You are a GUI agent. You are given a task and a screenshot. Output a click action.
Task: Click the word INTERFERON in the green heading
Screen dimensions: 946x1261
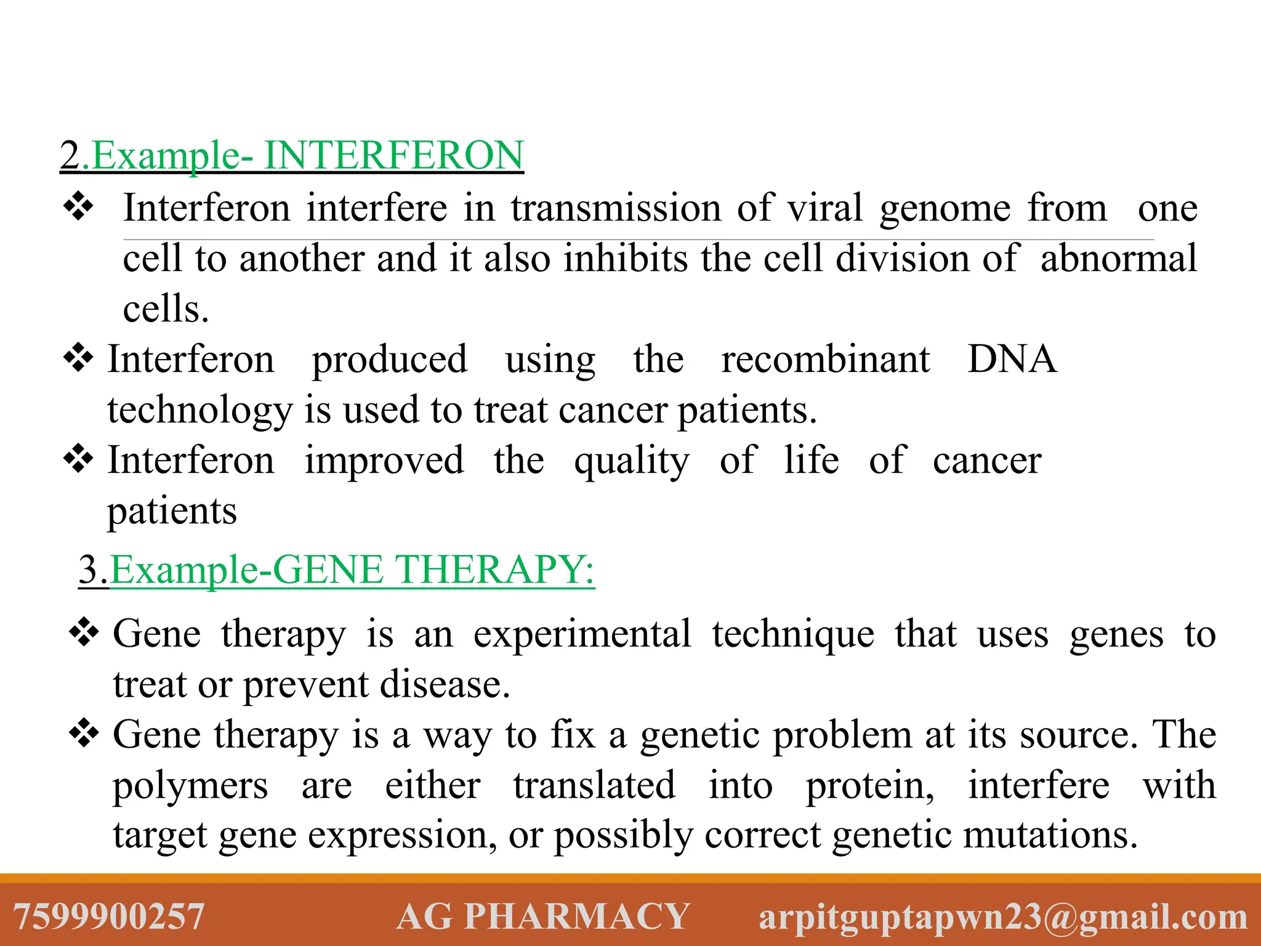click(393, 155)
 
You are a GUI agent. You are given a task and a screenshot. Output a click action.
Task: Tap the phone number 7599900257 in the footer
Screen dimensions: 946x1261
click(108, 916)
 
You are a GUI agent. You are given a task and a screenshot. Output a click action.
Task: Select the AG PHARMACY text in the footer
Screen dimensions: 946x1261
click(542, 916)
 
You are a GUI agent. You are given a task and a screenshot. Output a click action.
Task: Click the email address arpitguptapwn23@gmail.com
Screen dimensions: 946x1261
click(1003, 916)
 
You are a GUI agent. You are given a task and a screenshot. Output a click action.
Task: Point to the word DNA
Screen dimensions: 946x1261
click(1012, 359)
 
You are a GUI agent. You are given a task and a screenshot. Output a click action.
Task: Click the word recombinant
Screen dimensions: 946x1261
click(825, 359)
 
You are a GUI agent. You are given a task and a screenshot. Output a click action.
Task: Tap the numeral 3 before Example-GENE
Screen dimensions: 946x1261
click(90, 569)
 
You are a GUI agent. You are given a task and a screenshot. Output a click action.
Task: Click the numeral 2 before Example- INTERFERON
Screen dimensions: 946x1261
click(70, 155)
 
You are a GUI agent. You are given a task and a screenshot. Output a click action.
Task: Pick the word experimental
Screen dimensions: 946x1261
click(582, 634)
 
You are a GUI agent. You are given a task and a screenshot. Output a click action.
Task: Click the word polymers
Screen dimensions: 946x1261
click(190, 786)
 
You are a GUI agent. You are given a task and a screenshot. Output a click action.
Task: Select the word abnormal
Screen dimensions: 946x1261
click(1118, 258)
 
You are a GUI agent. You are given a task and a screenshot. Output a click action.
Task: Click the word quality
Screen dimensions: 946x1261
click(632, 461)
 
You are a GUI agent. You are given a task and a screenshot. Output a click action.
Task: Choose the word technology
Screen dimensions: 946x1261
click(199, 410)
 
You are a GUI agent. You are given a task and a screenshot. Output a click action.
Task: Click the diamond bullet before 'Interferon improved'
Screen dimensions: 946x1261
click(78, 459)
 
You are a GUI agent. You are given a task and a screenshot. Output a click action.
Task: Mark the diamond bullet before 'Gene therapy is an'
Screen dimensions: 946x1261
click(84, 633)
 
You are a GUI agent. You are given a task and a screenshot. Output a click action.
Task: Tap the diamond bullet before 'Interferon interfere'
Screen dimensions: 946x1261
click(78, 206)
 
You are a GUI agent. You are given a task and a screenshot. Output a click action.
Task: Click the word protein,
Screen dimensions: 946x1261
click(870, 786)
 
